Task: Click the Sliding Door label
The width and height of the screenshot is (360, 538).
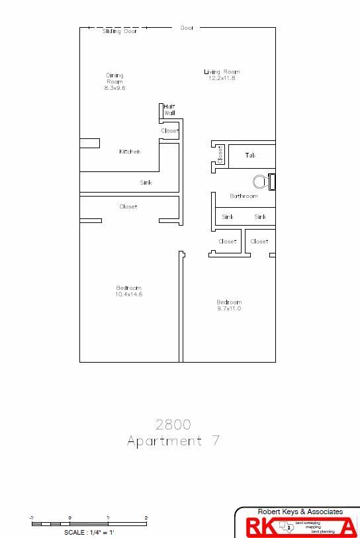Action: pyautogui.click(x=120, y=32)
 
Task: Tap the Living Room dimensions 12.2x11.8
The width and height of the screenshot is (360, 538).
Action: pyautogui.click(x=221, y=78)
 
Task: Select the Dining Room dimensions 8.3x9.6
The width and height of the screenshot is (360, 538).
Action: pyautogui.click(x=114, y=88)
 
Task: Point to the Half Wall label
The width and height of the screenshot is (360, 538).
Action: pyautogui.click(x=170, y=110)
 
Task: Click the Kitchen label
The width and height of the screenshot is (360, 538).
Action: pyautogui.click(x=130, y=152)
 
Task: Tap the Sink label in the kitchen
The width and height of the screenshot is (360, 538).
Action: pyautogui.click(x=146, y=183)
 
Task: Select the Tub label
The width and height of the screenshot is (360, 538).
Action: pyautogui.click(x=250, y=155)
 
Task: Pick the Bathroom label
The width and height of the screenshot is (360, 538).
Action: pyautogui.click(x=244, y=196)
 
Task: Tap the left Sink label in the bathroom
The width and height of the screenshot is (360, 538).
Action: pyautogui.click(x=228, y=217)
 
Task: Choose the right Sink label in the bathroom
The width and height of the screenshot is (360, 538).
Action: pyautogui.click(x=260, y=217)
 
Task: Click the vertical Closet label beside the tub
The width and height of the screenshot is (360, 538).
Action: pyautogui.click(x=220, y=155)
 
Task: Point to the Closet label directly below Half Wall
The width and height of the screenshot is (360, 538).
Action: pyautogui.click(x=169, y=131)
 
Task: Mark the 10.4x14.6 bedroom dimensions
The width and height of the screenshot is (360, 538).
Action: pyautogui.click(x=129, y=294)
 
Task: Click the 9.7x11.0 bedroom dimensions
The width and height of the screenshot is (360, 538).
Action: pyautogui.click(x=229, y=308)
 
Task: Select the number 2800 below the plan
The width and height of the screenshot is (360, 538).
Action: pyautogui.click(x=173, y=424)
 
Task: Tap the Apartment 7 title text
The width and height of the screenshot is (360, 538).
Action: pyautogui.click(x=173, y=441)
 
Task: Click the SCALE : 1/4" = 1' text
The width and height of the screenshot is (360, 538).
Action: pyautogui.click(x=89, y=532)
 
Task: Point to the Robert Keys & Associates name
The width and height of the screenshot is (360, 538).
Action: pyautogui.click(x=300, y=512)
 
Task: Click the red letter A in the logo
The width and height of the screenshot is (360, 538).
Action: pyautogui.click(x=347, y=527)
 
